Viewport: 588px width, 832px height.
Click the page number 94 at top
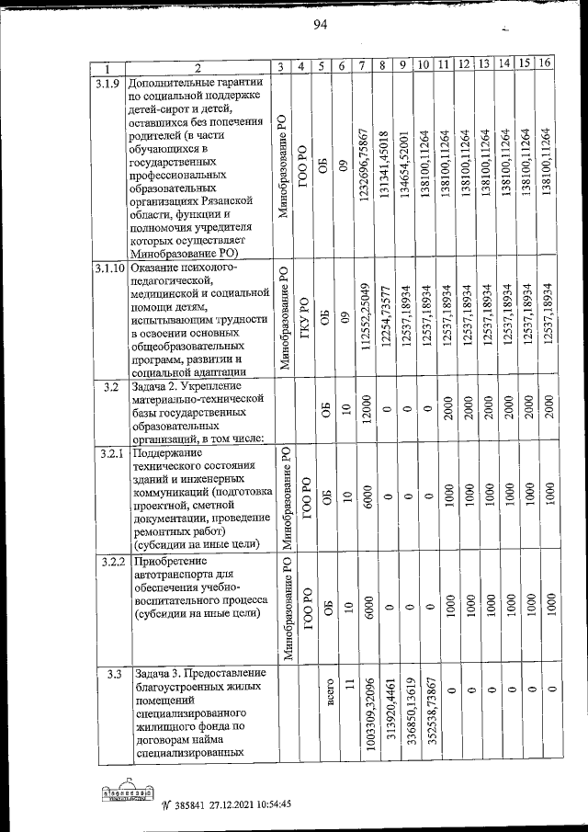pos(320,24)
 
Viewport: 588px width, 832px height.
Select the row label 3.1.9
pos(108,84)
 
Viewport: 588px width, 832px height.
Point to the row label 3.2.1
pos(108,453)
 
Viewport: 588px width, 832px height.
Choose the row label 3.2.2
pos(108,561)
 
